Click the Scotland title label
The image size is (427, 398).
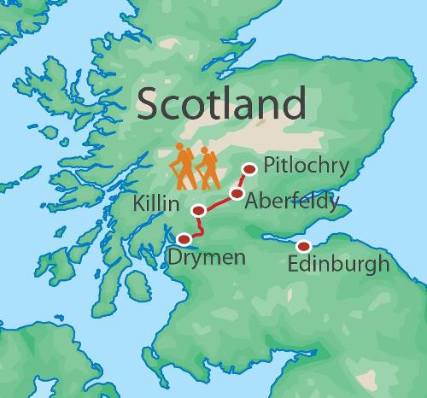[x=220, y=105]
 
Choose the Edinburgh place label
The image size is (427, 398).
[x=338, y=265]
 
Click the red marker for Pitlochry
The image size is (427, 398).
[x=250, y=169]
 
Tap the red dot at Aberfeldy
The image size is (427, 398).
[x=237, y=194]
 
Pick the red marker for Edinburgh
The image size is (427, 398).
[x=302, y=247]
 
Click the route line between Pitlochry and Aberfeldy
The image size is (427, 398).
[x=244, y=181]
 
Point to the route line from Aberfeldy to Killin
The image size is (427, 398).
[x=219, y=202]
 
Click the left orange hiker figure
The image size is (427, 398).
[x=182, y=167]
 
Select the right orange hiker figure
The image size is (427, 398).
[x=206, y=168]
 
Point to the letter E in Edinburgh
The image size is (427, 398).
[x=294, y=264]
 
